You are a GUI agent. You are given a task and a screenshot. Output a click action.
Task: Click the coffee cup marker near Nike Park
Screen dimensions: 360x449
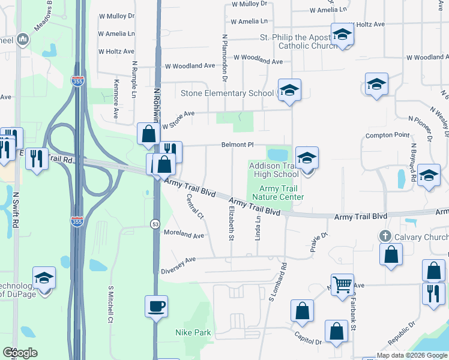156,306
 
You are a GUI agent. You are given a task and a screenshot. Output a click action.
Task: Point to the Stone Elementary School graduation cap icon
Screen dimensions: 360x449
289,91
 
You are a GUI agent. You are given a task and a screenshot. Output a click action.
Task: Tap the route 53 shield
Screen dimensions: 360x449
155,224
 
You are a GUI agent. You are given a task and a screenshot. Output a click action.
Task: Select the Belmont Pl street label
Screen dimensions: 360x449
238,145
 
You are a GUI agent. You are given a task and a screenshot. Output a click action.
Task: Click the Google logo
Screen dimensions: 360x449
20,353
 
